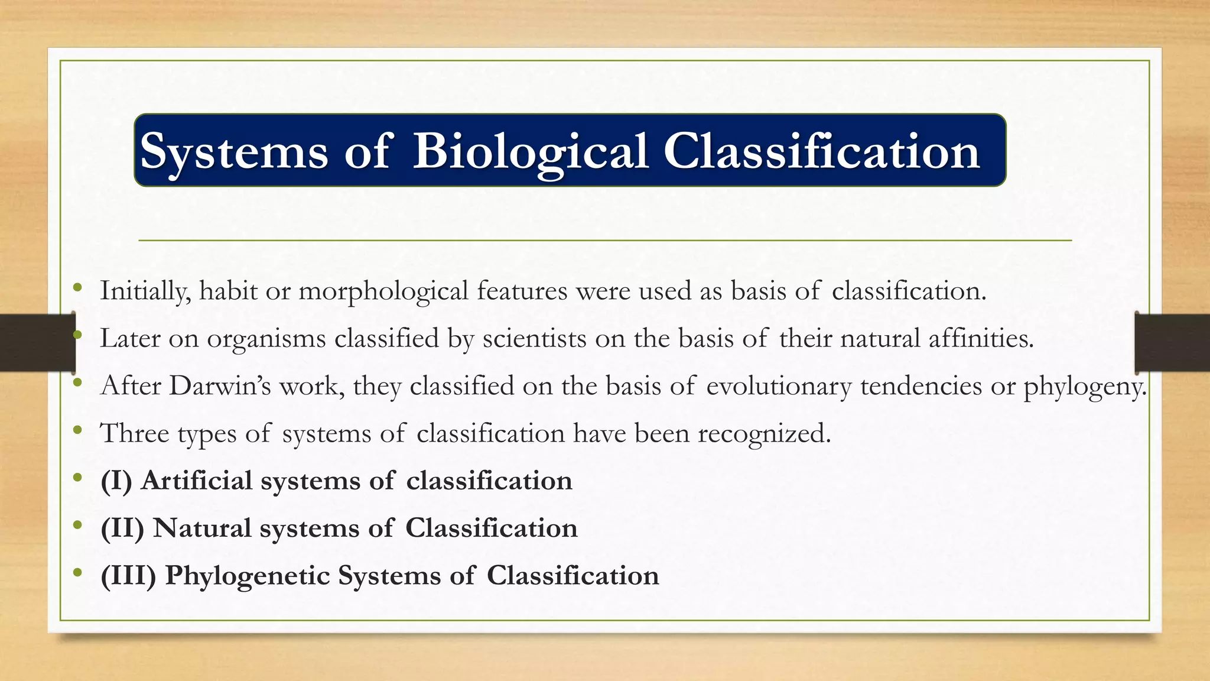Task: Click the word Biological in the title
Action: (530, 151)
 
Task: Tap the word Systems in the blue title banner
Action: (234, 151)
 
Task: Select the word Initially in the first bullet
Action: (145, 291)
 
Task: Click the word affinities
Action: (981, 338)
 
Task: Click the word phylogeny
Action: (1085, 386)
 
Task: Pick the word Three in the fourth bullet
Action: (135, 433)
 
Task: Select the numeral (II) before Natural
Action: (122, 528)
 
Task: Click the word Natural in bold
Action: (202, 528)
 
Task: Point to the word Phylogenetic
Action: (247, 575)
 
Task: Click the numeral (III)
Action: (128, 575)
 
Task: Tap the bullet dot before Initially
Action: (77, 288)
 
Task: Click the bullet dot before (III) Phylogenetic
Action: (77, 573)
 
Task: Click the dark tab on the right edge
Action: (1172, 342)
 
